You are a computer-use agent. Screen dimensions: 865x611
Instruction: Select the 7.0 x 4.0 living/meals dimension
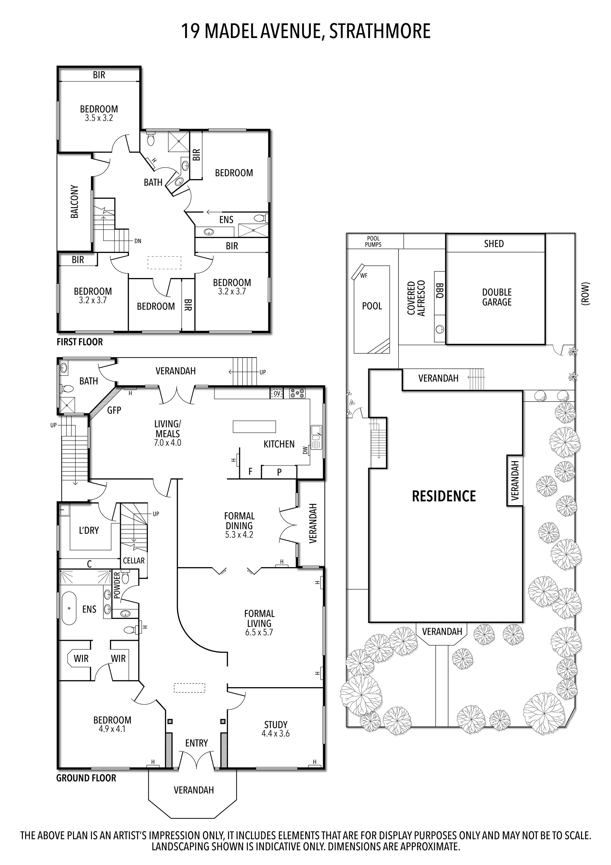click(x=168, y=443)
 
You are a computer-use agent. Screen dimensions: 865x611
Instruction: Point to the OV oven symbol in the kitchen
click(x=277, y=393)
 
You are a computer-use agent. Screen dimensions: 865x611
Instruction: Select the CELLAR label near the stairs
click(x=134, y=561)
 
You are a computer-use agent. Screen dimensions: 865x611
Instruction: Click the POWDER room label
click(x=117, y=585)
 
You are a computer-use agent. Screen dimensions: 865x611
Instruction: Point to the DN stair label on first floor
click(x=138, y=241)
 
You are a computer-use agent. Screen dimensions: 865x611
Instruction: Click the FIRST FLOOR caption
click(x=79, y=342)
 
